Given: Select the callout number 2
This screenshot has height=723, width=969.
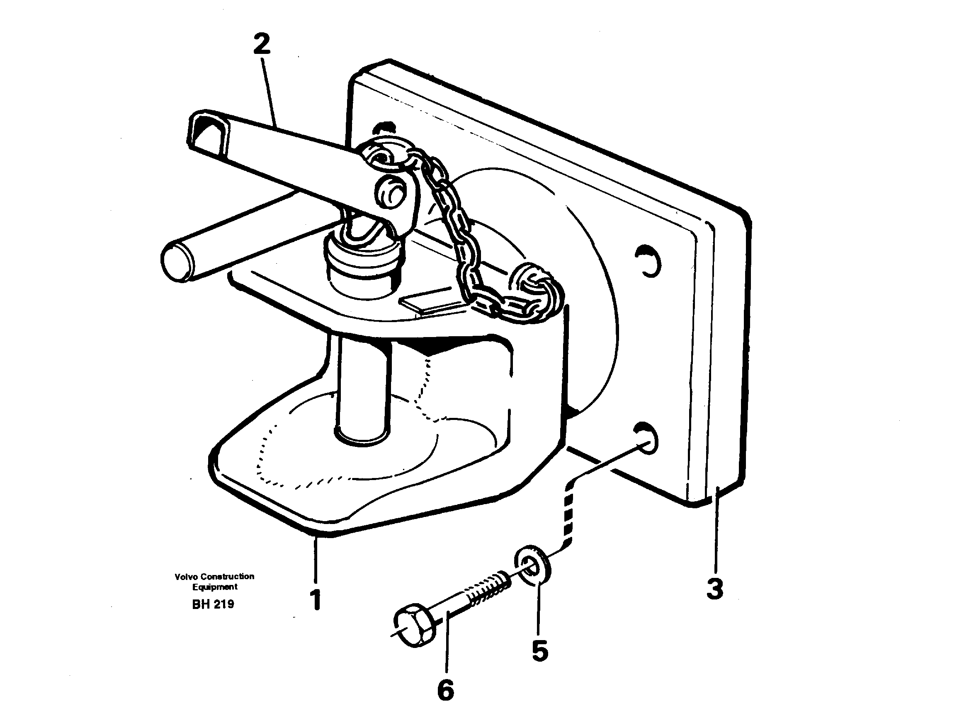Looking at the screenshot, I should (x=262, y=44).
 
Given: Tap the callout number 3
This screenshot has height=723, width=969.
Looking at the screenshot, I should (x=715, y=589).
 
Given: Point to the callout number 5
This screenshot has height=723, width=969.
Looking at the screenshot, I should (x=540, y=651).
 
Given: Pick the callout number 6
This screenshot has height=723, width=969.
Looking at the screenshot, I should (x=446, y=690).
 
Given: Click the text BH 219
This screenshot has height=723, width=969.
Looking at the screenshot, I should (x=213, y=604).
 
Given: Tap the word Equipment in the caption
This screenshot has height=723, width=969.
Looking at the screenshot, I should (x=214, y=587).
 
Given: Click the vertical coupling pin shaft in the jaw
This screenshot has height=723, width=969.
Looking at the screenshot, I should (x=362, y=390).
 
